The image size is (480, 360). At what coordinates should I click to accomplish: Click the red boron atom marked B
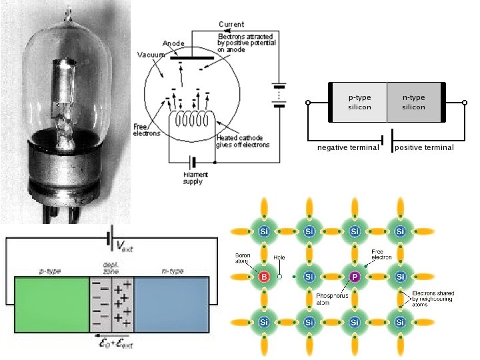[263, 275]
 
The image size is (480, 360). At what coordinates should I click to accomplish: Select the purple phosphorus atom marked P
[354, 275]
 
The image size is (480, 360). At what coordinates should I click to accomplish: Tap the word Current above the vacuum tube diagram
[231, 25]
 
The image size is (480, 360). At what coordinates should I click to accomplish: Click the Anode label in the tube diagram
[173, 43]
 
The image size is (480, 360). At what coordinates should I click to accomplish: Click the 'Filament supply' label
[193, 178]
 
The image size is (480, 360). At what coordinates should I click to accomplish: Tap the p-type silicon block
[359, 102]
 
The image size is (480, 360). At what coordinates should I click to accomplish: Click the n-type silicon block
[413, 102]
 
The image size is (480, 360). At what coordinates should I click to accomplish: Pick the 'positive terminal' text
[424, 147]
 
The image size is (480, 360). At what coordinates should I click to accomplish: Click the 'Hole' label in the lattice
[280, 257]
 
